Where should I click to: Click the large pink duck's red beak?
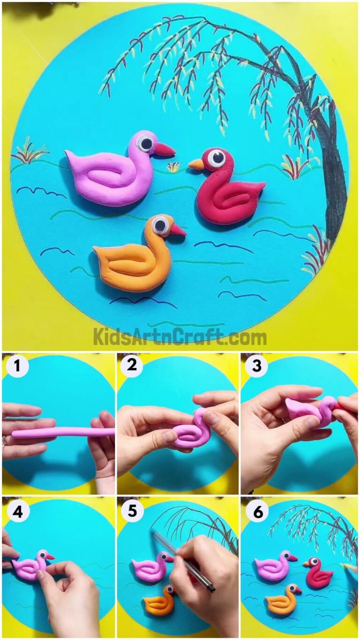(165, 150)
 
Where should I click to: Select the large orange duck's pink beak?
(178, 230)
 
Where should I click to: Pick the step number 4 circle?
(17, 512)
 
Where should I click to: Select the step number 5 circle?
(132, 511)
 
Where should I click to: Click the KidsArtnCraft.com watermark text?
(180, 337)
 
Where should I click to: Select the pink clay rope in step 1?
(61, 432)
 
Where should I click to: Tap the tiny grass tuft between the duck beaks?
(174, 166)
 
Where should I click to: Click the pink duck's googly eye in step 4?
(42, 555)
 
